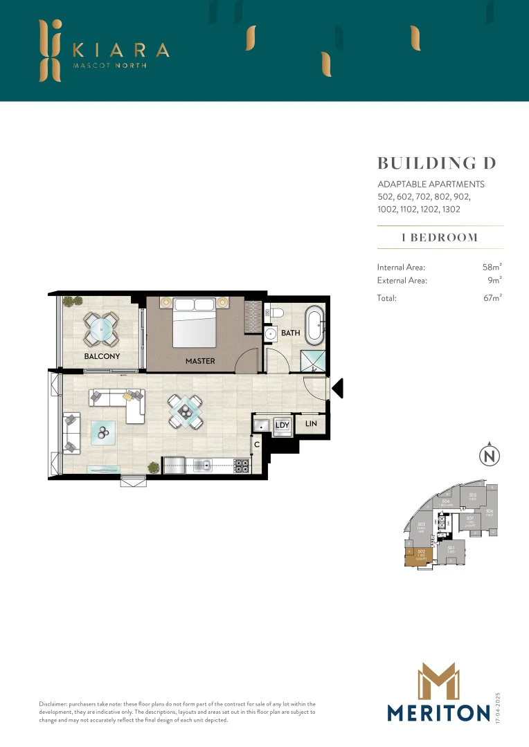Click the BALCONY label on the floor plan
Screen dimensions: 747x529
[102, 357]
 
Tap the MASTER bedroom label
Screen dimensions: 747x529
[200, 361]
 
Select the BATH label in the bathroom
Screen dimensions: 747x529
[291, 333]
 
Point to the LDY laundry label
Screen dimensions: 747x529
[282, 425]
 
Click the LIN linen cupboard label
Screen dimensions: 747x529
[311, 422]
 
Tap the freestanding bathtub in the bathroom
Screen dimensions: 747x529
[315, 326]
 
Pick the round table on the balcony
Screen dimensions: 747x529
[102, 329]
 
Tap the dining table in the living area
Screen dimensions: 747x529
[186, 412]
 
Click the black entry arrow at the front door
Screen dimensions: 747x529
[337, 389]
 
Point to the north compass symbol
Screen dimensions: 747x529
[489, 456]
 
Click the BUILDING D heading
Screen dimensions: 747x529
[437, 163]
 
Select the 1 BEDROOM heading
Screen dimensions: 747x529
[440, 237]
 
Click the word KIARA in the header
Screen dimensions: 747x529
[120, 50]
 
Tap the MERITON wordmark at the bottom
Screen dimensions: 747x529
[439, 713]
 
